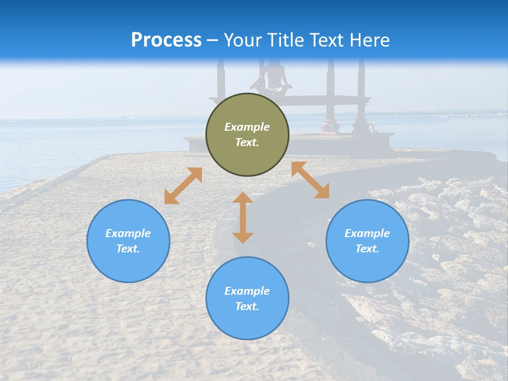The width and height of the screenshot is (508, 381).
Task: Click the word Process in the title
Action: (x=166, y=40)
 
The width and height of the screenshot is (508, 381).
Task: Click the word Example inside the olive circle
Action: (x=247, y=127)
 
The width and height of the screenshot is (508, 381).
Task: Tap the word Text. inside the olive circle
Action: (x=247, y=142)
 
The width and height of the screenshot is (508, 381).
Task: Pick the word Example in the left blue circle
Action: (x=128, y=233)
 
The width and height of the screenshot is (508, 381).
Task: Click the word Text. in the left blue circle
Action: (x=128, y=249)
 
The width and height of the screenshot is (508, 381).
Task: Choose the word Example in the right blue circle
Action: (x=367, y=233)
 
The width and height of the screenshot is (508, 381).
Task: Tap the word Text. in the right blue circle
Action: (x=367, y=249)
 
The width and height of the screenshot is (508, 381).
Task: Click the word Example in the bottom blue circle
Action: (x=247, y=291)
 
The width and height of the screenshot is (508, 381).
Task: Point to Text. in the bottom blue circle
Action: (x=247, y=306)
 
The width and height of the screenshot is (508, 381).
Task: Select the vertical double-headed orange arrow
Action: (x=243, y=217)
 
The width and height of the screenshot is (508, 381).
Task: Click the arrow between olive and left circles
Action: (x=183, y=186)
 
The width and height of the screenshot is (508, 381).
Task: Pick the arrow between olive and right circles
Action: (x=311, y=180)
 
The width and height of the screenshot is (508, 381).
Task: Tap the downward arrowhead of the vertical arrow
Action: (x=243, y=238)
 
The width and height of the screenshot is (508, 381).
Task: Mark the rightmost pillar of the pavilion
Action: (x=361, y=95)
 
